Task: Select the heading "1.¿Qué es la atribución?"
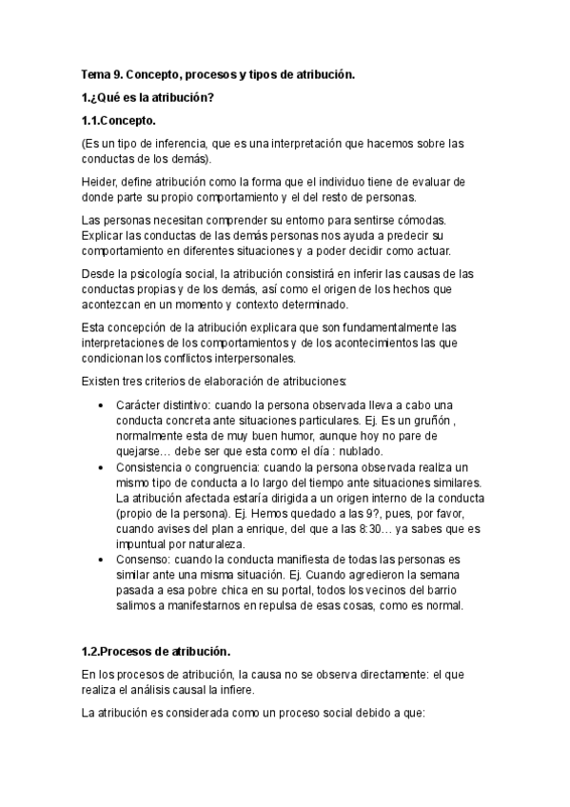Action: (147, 98)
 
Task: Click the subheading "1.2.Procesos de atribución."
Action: (156, 651)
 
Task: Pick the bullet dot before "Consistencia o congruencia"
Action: (104, 469)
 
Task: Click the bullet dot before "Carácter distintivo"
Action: (104, 405)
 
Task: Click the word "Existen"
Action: (103, 383)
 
